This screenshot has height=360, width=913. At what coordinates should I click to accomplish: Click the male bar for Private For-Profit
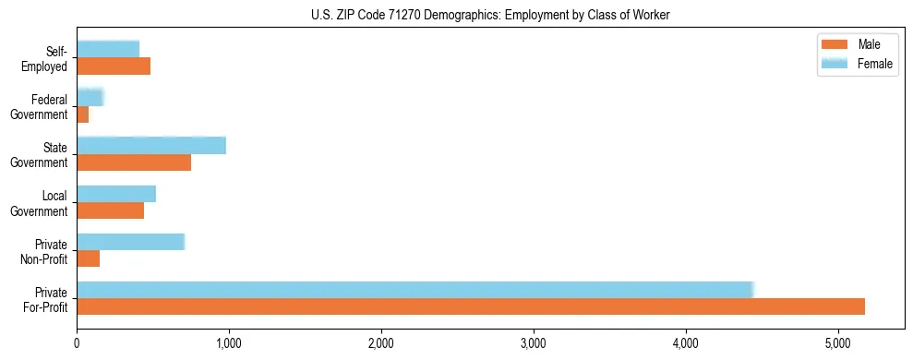[471, 306]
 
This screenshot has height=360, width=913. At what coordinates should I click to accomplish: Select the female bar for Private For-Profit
[415, 290]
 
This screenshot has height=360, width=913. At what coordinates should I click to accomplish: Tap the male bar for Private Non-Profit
[89, 258]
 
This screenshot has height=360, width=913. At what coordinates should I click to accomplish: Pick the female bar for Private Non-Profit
[131, 242]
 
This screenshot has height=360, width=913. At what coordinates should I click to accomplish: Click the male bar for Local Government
[111, 210]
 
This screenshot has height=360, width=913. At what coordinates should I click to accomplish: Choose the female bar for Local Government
[116, 194]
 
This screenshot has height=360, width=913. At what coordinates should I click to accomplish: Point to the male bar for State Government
[134, 162]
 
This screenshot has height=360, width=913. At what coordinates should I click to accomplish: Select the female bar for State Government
[151, 146]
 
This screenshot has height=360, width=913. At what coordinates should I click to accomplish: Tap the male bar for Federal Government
[83, 114]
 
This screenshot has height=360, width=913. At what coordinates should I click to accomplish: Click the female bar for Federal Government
[90, 98]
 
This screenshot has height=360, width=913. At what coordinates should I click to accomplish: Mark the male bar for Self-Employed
[114, 66]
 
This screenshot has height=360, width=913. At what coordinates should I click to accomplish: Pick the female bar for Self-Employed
[108, 50]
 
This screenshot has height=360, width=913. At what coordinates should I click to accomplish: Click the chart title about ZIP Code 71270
[490, 15]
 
